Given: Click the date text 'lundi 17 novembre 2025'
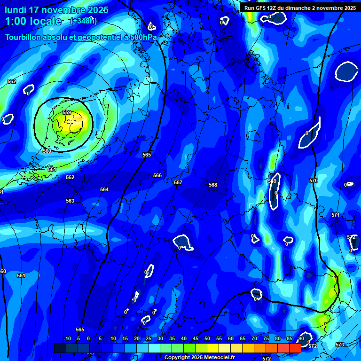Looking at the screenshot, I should click(56, 10).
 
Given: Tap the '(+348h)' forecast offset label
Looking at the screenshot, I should click(83, 21).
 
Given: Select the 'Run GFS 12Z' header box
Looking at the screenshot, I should click(300, 8).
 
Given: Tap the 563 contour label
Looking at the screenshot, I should click(70, 201).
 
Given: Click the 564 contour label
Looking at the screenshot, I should click(104, 189).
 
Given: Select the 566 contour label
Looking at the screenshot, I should click(157, 175).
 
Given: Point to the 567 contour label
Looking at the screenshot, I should click(178, 182).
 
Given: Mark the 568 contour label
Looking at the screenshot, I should click(213, 185).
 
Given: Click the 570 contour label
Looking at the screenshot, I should click(314, 180).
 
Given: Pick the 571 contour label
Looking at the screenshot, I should click(336, 215).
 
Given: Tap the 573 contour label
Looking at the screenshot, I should click(340, 345).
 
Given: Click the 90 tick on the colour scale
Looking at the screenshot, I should click(301, 339).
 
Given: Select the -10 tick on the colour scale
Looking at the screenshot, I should click(67, 339).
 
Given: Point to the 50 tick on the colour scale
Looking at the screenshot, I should click(207, 339).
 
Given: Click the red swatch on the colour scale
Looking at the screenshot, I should click(295, 348).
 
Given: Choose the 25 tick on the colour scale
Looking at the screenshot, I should click(149, 339).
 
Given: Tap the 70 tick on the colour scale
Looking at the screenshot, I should click(254, 339).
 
